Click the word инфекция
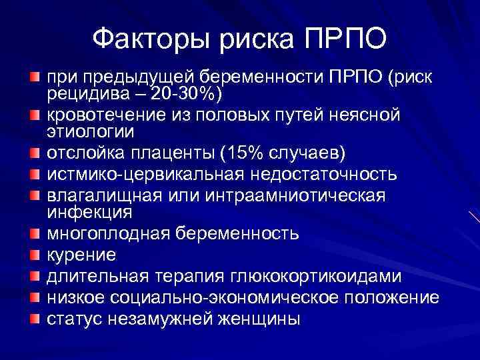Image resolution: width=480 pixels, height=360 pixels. point(90,212)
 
